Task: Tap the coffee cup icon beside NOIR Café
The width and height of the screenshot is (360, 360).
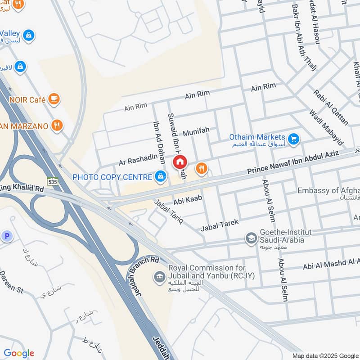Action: pos(54,98)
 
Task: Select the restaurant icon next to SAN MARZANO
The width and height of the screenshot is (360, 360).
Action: pos(57,126)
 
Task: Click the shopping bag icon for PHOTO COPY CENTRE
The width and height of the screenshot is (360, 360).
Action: pos(160,177)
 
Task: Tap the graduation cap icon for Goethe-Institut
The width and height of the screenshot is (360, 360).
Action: pos(251,237)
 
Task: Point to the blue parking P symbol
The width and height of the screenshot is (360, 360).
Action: pos(6,236)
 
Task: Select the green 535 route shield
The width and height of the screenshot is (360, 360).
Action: pos(53,182)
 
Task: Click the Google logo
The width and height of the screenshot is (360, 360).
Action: pos(19,353)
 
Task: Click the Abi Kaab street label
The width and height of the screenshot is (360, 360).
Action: pos(186,198)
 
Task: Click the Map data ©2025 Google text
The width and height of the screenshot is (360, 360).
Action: pos(324,355)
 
